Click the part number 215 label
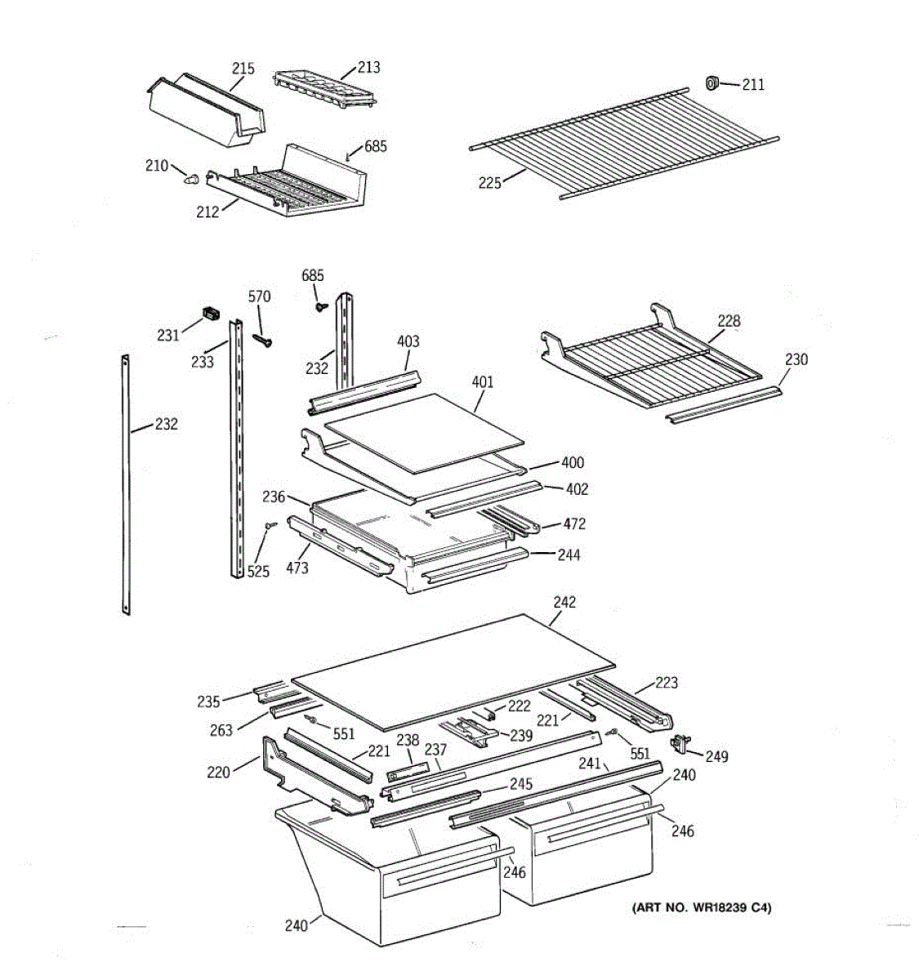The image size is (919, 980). pos(243,69)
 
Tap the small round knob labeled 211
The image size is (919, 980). pos(712,82)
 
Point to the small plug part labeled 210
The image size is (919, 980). pos(192,177)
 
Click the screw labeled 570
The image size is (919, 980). pos(261,337)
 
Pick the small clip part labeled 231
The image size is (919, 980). pos(212,313)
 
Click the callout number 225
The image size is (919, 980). pos(490,183)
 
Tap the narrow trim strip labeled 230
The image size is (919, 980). pos(724,405)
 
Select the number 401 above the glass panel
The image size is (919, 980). pos(483,381)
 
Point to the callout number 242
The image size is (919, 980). pos(564,603)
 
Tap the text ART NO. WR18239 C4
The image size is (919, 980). pos(701,907)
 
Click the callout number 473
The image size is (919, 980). pos(297,567)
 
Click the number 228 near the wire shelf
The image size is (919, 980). pos(729,321)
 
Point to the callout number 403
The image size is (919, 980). pos(408,341)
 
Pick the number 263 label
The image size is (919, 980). pos(221,730)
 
